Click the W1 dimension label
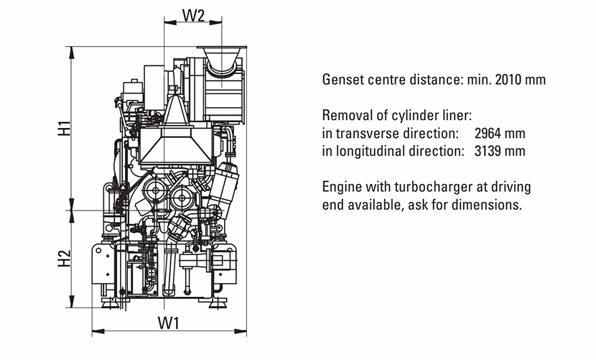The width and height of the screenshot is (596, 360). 168,323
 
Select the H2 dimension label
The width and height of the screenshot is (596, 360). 64,258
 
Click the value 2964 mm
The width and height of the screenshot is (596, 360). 500,134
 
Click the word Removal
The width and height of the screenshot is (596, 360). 345,116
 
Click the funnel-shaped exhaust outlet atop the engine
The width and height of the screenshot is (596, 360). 222,57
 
